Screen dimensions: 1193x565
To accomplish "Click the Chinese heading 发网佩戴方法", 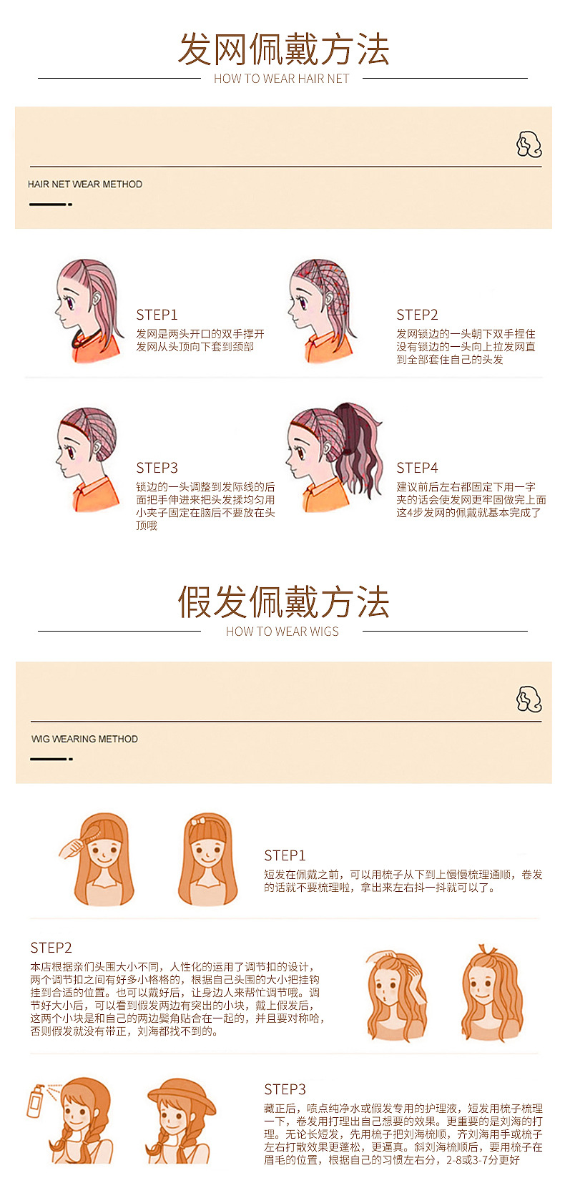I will [283, 49].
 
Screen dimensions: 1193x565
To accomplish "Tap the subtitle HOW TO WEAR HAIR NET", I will [282, 79].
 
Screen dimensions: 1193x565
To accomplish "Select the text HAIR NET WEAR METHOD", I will [85, 184].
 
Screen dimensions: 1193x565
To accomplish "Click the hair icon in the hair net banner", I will [529, 144].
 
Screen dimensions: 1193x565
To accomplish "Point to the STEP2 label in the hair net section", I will [417, 315].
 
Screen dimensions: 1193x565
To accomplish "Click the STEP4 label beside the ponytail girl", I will [417, 468].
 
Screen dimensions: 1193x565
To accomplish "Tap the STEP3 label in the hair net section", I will [157, 468].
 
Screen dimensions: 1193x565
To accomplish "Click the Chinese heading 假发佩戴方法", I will [283, 602].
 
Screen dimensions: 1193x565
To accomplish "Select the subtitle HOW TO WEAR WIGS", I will [282, 632].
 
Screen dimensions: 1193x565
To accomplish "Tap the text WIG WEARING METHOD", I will [84, 739].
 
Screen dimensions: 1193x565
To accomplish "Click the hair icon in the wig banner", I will [529, 699].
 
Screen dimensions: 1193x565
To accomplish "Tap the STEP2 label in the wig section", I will [51, 948].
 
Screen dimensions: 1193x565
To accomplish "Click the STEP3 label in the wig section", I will [285, 1089].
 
